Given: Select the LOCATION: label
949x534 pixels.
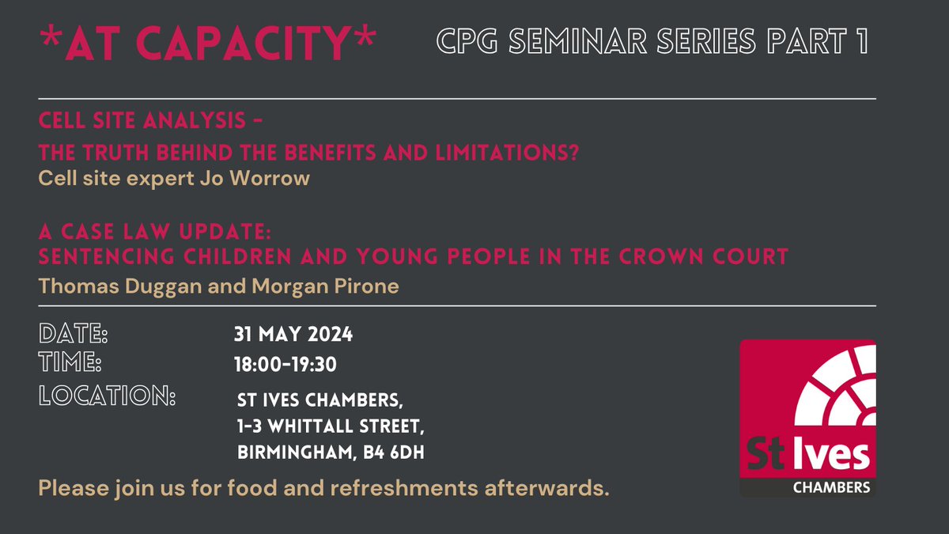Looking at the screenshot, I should [107, 395].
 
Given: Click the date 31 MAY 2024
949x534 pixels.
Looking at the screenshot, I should [293, 335].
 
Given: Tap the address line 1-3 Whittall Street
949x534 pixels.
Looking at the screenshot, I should [331, 427].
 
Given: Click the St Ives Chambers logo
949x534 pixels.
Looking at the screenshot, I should [807, 418].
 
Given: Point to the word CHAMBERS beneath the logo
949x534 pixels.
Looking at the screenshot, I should [831, 487].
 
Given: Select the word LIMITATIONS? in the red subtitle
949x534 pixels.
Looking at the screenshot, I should [530, 153].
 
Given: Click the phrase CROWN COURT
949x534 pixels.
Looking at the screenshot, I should [709, 257].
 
